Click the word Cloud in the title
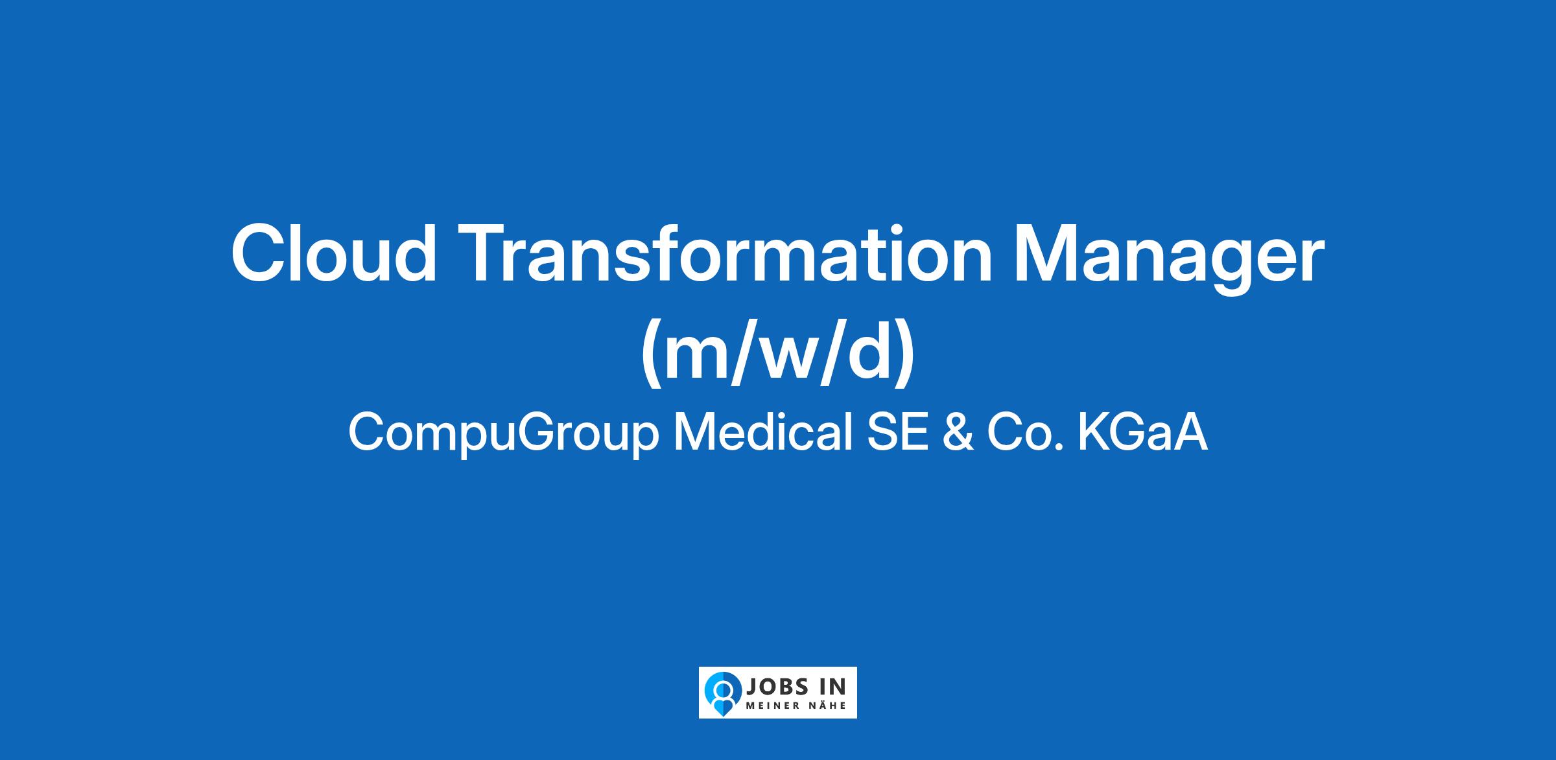pyautogui.click(x=334, y=253)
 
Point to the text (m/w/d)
pyautogui.click(x=778, y=353)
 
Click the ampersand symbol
pyautogui.click(x=956, y=433)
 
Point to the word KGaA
pyautogui.click(x=1143, y=433)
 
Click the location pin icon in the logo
pyautogui.click(x=723, y=692)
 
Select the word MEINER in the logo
pyautogui.click(x=772, y=706)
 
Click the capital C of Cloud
pyautogui.click(x=259, y=254)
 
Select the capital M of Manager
pyautogui.click(x=1045, y=254)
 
